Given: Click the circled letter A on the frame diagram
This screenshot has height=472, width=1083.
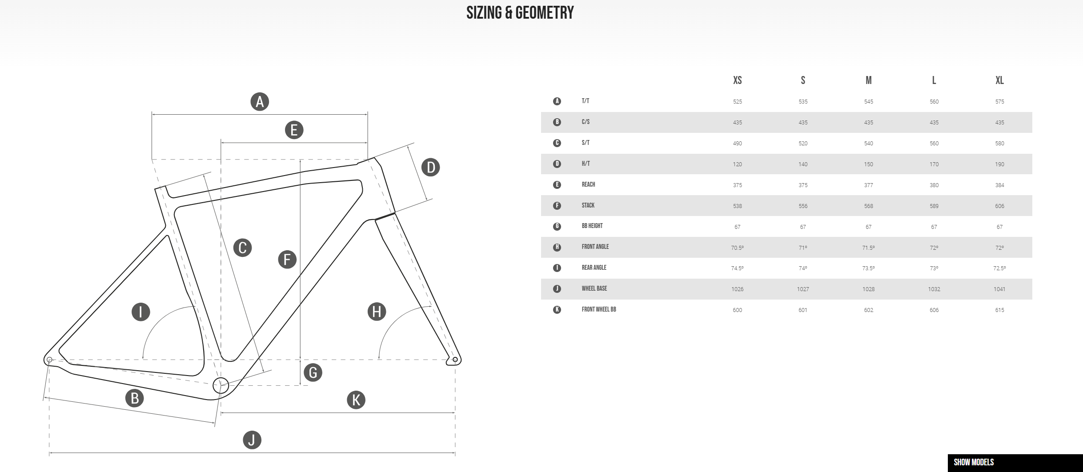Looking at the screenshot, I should (260, 102).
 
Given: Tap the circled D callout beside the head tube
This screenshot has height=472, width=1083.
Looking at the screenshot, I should (430, 168).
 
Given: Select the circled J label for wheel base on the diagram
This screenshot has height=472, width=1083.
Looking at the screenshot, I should (252, 440).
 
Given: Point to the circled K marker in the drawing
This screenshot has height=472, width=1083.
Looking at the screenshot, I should (356, 400).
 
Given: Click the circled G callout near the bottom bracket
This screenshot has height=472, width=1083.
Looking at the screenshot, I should (313, 372).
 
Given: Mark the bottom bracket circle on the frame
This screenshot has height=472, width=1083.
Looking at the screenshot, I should (221, 385).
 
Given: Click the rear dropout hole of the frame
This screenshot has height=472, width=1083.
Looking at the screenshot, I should (49, 360).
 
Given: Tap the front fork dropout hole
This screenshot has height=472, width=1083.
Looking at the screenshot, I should (455, 360).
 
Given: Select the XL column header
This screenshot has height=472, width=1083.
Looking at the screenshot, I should (999, 80).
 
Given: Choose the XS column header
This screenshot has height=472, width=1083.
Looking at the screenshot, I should (737, 80).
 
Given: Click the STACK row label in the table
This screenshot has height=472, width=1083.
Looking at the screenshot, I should (588, 205).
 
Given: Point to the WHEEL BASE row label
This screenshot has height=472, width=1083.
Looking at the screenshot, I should (594, 288).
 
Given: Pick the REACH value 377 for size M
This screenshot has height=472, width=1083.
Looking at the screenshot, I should (868, 185).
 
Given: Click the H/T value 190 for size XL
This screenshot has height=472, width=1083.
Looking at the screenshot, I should (999, 164).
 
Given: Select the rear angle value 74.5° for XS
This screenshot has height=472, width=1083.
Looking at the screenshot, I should (737, 268).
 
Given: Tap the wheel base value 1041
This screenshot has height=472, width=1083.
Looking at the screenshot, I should (999, 289).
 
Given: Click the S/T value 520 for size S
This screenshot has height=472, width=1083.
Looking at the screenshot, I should (803, 144).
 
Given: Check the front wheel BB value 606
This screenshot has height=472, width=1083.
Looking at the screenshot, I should (934, 310).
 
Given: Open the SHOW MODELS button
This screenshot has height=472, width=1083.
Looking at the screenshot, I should (974, 462).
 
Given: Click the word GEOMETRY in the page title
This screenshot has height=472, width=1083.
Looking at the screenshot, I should (545, 12).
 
